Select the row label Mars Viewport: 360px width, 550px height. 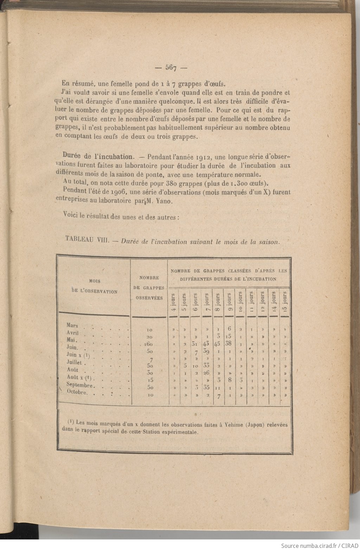click(x=72, y=325)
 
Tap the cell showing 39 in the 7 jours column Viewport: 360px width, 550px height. click(x=207, y=351)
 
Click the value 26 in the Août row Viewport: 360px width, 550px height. click(x=206, y=373)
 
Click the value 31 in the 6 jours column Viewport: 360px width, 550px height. click(x=195, y=344)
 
